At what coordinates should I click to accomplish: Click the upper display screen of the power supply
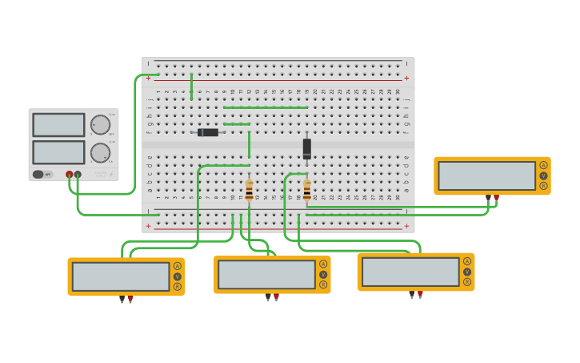[x=58, y=125]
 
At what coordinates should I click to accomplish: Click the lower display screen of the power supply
[x=58, y=152]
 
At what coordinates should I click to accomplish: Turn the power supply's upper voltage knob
[x=100, y=125]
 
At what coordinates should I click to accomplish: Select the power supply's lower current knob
[x=100, y=152]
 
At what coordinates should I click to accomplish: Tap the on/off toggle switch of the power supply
[x=38, y=174]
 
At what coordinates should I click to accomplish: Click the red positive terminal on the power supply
[x=70, y=174]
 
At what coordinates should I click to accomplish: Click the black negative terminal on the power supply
[x=78, y=174]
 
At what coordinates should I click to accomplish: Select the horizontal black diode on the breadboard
[x=209, y=132]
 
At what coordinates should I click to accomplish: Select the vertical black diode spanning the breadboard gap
[x=306, y=148]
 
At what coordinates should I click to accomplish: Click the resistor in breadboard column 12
[x=249, y=191]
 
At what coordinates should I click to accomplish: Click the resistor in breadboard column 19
[x=306, y=191]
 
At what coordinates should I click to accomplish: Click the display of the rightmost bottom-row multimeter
[x=410, y=272]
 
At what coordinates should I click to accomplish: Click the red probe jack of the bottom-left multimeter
[x=130, y=299]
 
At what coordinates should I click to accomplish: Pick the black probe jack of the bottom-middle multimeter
[x=268, y=297]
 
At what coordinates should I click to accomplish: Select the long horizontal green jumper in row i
[x=265, y=107]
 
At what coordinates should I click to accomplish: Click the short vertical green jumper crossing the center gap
[x=249, y=144]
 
